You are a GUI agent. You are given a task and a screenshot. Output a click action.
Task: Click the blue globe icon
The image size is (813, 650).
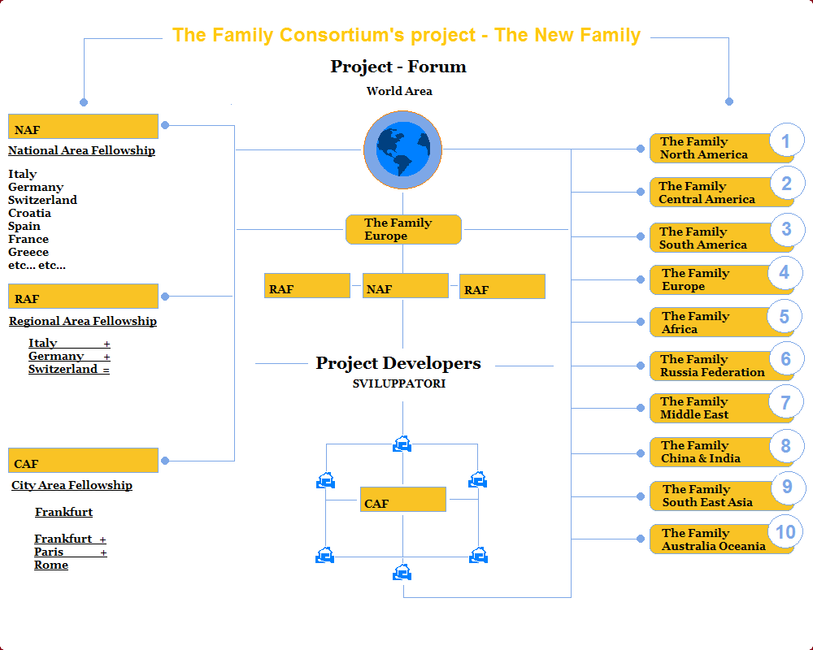tap(402, 149)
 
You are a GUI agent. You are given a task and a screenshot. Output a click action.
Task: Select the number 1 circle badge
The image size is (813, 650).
tap(785, 141)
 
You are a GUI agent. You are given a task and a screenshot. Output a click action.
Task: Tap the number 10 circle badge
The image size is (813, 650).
tap(785, 533)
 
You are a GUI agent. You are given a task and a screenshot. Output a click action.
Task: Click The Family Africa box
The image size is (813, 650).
tap(707, 323)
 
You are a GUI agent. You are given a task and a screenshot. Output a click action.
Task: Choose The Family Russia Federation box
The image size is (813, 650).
tap(711, 366)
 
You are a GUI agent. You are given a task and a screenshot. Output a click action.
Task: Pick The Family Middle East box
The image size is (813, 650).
tap(707, 408)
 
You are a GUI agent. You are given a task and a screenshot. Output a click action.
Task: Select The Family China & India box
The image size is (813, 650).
tap(707, 452)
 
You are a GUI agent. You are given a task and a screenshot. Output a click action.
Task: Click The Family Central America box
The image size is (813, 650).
tap(707, 193)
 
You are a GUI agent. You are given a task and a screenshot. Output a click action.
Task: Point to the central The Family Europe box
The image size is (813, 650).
tap(403, 229)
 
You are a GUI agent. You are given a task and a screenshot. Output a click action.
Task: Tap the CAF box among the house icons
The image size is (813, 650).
tap(402, 500)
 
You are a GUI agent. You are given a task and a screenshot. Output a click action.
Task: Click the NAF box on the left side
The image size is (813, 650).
tap(83, 127)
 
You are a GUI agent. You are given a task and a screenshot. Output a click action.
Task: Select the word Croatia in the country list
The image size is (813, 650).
tap(29, 213)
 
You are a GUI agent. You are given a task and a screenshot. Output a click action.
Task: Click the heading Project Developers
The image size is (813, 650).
tap(398, 363)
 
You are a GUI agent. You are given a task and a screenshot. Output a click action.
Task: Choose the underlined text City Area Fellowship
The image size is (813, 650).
tap(72, 485)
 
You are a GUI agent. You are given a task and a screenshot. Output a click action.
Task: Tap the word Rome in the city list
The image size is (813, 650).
tap(51, 565)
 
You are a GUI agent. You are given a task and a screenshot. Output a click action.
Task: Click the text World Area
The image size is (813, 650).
tap(399, 91)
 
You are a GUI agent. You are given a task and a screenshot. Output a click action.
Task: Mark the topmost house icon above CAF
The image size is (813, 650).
tap(402, 444)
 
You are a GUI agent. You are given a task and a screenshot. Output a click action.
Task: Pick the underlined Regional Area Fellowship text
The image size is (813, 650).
tap(83, 321)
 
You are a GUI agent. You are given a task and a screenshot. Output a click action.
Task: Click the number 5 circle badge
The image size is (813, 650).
tap(784, 316)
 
